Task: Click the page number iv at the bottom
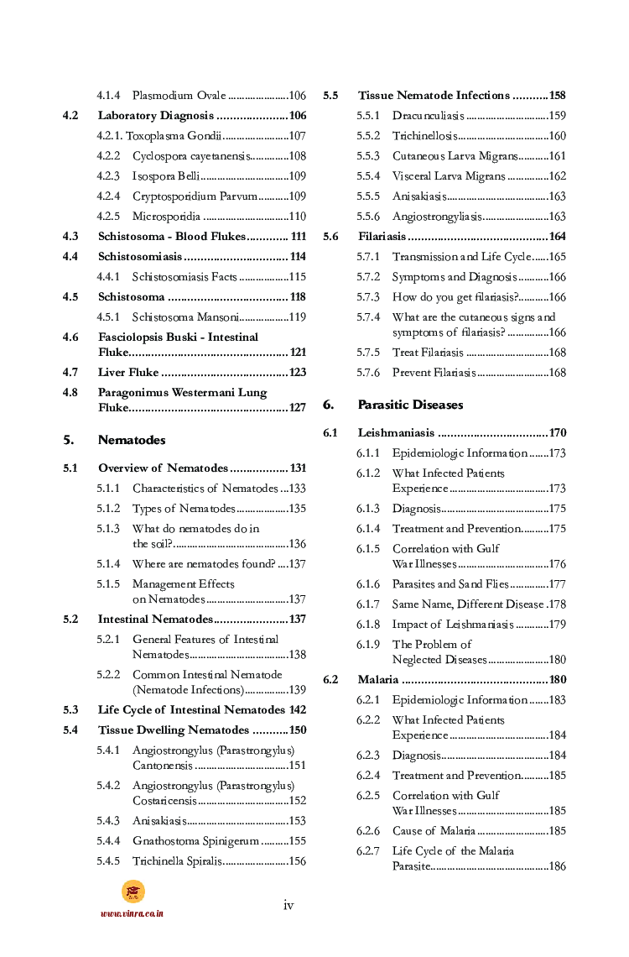[289, 905]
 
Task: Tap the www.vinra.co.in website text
[132, 913]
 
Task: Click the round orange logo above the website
[133, 891]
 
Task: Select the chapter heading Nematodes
[132, 440]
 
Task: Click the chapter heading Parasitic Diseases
[410, 405]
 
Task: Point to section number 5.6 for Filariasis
[330, 237]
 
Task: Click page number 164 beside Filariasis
[557, 237]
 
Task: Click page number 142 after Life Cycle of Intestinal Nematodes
[296, 710]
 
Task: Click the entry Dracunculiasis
[428, 116]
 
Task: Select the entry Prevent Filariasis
[434, 373]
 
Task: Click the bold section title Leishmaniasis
[396, 433]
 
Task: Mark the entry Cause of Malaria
[434, 831]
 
